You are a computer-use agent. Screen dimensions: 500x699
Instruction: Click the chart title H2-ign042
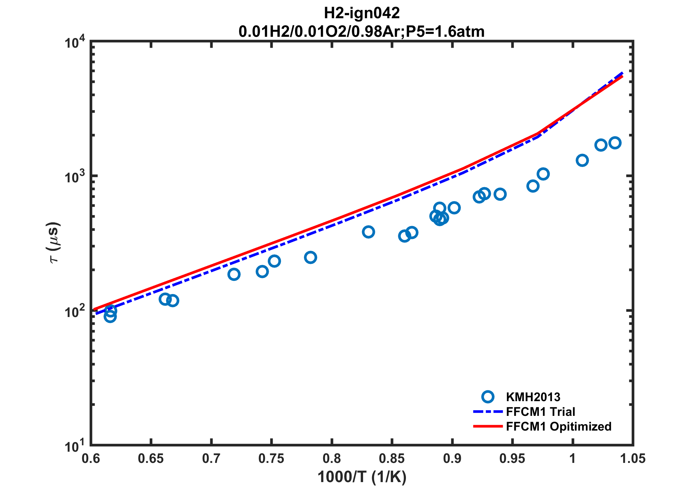[362, 13]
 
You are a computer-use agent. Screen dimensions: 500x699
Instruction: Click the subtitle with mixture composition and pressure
[361, 32]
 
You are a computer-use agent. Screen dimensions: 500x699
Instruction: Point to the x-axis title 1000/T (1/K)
[362, 477]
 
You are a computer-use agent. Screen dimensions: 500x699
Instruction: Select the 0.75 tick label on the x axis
[271, 459]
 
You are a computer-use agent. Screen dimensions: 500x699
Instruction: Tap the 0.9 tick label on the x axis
[452, 459]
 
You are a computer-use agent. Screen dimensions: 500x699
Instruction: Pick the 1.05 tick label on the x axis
[633, 459]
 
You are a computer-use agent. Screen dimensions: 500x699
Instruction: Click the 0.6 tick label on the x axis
[91, 459]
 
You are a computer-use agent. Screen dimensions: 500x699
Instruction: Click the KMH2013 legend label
[533, 397]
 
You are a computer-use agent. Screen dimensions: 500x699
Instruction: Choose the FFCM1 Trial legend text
[540, 412]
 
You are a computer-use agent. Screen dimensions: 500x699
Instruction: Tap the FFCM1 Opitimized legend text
[559, 426]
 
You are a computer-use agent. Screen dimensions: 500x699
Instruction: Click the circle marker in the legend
[488, 397]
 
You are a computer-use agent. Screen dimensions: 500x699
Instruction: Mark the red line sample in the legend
[488, 426]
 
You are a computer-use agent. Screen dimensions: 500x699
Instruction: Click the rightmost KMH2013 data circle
[615, 143]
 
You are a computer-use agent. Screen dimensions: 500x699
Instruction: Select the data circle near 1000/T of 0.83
[369, 232]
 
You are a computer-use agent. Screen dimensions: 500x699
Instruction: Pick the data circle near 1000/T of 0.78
[311, 257]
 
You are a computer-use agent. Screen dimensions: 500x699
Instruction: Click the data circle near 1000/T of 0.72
[234, 274]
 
